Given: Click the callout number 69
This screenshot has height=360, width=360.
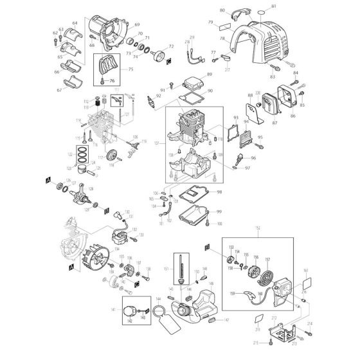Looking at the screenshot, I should click(136, 24).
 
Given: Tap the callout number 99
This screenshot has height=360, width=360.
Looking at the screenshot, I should click(220, 212).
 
